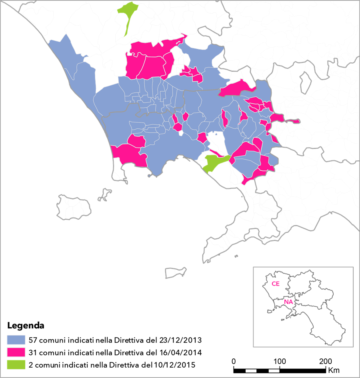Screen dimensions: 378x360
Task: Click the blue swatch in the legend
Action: pos(16,340)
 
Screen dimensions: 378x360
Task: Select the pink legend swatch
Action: pos(16,352)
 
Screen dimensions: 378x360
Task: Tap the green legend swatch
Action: pos(16,364)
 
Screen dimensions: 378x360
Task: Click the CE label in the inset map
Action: pos(276,284)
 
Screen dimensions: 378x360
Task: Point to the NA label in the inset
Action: pos(288,302)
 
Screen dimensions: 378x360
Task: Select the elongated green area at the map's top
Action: pos(128,16)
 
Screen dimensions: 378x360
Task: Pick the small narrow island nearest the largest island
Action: pos(105,195)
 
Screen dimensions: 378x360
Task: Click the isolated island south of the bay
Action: pos(176,273)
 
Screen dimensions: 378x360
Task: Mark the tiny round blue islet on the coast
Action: pos(149,175)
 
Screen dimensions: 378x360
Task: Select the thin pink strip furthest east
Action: pos(294,121)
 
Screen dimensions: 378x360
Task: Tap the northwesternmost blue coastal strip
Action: pos(66,56)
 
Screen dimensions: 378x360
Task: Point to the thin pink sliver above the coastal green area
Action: pos(216,153)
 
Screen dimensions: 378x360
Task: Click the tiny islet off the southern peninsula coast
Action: pos(236,256)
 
